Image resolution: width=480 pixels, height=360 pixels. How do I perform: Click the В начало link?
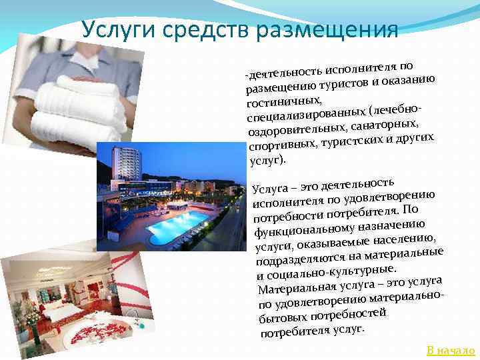(451, 350)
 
